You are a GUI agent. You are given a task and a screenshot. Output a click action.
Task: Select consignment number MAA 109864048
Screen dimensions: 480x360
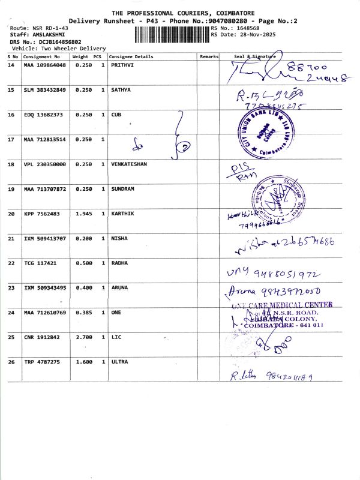[x=44, y=64]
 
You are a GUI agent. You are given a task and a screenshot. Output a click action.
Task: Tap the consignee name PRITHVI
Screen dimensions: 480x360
[x=122, y=64]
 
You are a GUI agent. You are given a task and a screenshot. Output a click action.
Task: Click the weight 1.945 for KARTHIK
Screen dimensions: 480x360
[x=82, y=213]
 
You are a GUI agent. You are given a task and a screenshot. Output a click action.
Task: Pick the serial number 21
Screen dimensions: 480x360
[x=11, y=238]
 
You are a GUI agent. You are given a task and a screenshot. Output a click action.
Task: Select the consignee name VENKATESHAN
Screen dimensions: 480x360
[x=129, y=164]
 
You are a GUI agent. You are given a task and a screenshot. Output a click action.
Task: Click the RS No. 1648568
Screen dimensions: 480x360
[x=247, y=28]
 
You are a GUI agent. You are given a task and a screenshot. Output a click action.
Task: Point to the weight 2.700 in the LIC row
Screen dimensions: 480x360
[x=82, y=337]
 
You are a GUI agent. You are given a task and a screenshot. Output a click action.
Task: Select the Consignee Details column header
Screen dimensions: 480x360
[x=131, y=57]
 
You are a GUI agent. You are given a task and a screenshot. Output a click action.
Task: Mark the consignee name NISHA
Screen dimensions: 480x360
[x=119, y=238]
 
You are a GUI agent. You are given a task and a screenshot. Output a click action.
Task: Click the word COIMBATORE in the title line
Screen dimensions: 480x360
[x=229, y=13]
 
